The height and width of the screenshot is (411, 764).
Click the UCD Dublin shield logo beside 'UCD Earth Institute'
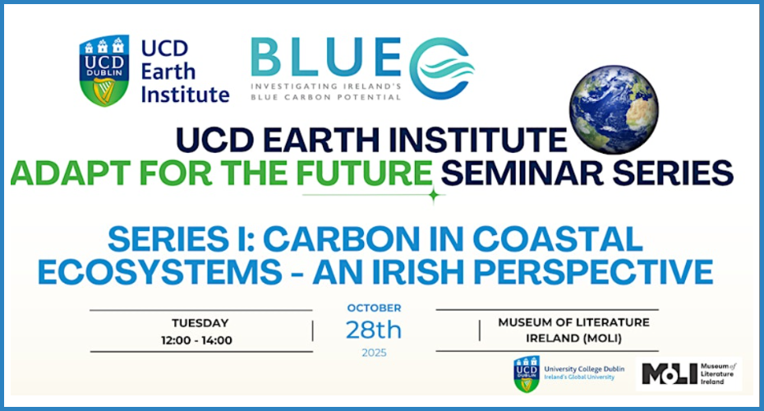pos(104,70)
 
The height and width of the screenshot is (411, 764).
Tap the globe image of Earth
pos(614,109)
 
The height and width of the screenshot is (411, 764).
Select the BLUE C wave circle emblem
pos(441,68)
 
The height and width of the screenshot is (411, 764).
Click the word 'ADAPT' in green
pos(70,173)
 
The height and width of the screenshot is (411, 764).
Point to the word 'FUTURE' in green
pos(364,173)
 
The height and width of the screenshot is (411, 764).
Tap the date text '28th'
pos(374,330)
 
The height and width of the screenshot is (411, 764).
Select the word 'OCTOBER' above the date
pos(374,308)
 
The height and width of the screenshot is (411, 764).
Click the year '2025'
pos(374,353)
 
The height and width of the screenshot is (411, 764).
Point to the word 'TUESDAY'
pos(200,323)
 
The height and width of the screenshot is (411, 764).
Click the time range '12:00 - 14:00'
pos(197,340)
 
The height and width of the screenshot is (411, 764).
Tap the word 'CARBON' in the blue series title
pos(341,239)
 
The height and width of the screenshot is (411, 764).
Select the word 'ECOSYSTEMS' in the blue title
pos(160,271)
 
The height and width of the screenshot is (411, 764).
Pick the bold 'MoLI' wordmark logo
pos(670,374)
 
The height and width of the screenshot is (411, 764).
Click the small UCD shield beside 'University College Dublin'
pos(527,374)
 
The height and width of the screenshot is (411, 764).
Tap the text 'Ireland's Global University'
pos(579,377)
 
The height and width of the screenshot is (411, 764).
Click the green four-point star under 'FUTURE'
pos(434,195)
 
